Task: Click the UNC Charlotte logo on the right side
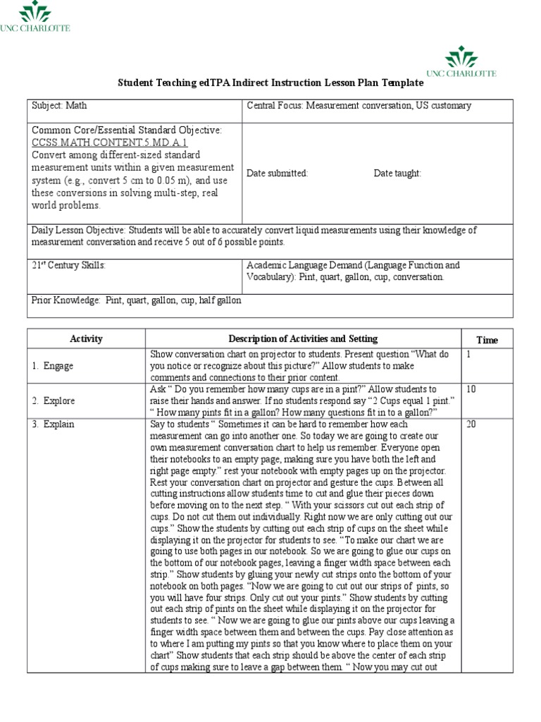[x=461, y=62]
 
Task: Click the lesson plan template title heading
[x=270, y=82]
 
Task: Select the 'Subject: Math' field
[x=59, y=106]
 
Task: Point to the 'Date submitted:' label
[x=277, y=173]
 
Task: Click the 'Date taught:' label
[x=397, y=173]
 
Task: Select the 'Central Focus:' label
[x=275, y=106]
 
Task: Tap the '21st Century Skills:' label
[x=68, y=265]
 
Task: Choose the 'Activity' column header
[x=86, y=339]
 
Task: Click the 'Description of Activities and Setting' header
[x=303, y=339]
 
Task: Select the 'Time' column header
[x=487, y=340]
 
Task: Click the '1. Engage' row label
[x=52, y=366]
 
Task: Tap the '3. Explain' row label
[x=53, y=424]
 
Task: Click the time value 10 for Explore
[x=471, y=389]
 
